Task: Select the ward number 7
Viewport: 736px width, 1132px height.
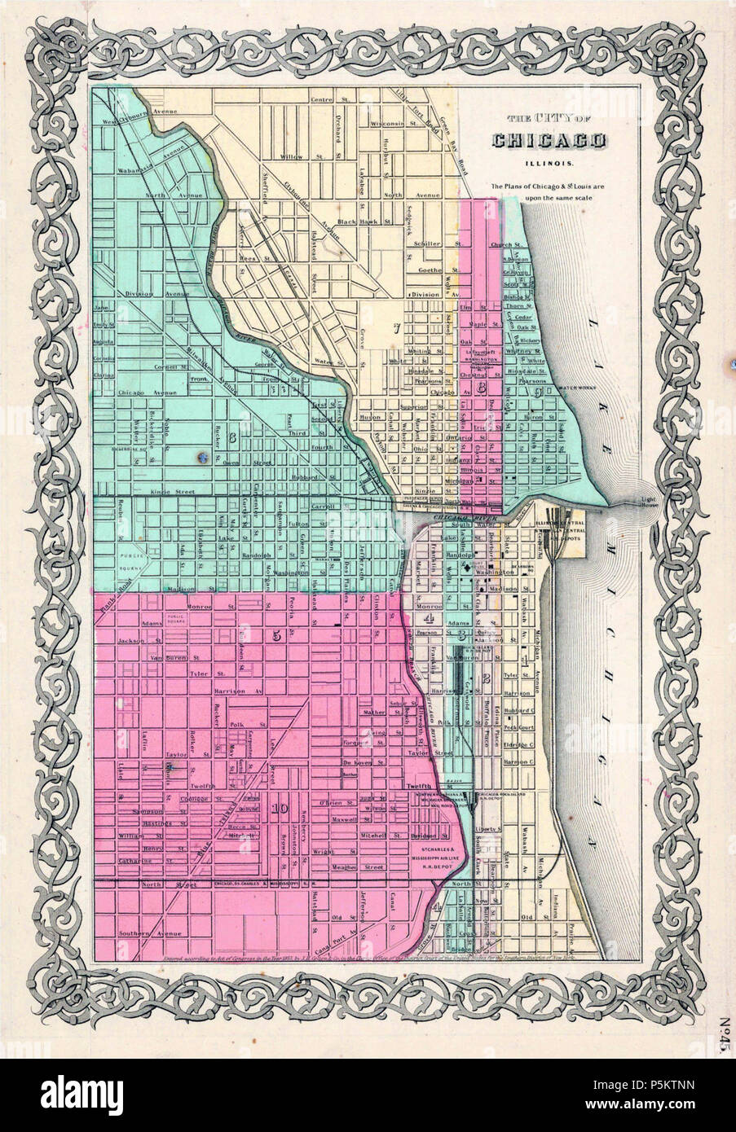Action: (x=395, y=329)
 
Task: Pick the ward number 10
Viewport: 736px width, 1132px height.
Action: (x=280, y=808)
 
